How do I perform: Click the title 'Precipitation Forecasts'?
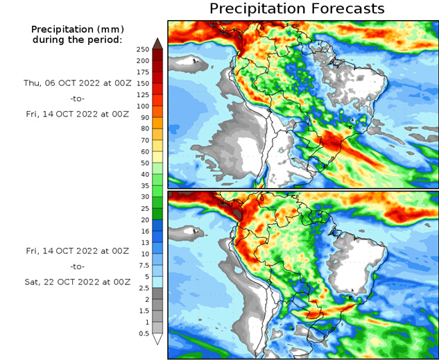pos(297,9)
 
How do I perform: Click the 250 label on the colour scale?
pos(142,49)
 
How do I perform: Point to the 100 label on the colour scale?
pos(142,106)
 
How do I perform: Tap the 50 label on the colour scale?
pos(144,162)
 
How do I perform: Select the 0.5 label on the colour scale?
pos(144,334)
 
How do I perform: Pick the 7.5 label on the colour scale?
pos(144,266)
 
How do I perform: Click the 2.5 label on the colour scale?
pos(144,288)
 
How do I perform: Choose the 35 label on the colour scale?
pos(144,186)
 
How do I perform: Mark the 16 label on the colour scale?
pos(144,232)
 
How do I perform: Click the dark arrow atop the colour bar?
pos(157,43)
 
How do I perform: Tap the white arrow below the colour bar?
pos(157,339)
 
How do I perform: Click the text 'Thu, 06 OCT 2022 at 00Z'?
pos(77,82)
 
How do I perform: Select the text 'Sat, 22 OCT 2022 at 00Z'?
pos(77,282)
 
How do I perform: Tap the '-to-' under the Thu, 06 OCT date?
pos(77,98)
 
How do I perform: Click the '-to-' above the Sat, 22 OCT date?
pos(77,266)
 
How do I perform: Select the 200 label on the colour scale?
pos(142,60)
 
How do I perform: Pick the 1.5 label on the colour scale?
pos(144,311)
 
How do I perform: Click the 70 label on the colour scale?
pos(144,140)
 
